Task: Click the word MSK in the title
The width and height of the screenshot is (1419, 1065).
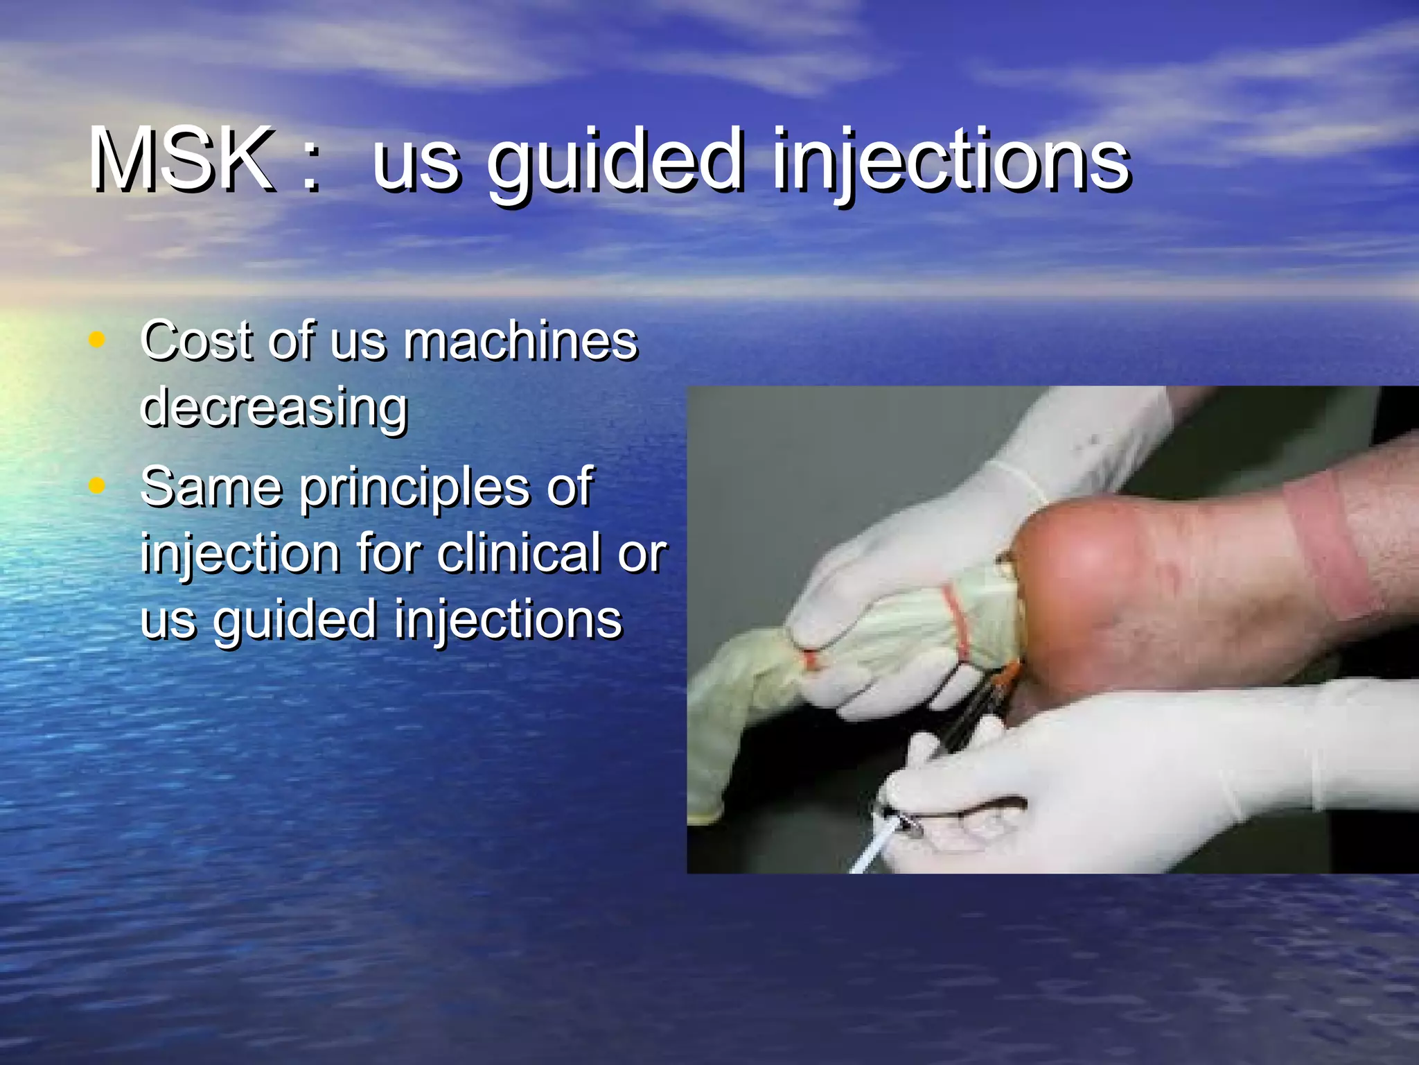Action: [x=182, y=161]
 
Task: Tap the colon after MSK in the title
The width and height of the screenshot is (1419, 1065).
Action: [x=311, y=166]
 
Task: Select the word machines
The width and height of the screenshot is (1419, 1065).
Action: [x=520, y=341]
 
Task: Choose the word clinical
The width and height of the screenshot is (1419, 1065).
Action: [x=520, y=553]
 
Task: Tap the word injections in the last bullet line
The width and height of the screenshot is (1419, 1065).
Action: [x=509, y=620]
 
